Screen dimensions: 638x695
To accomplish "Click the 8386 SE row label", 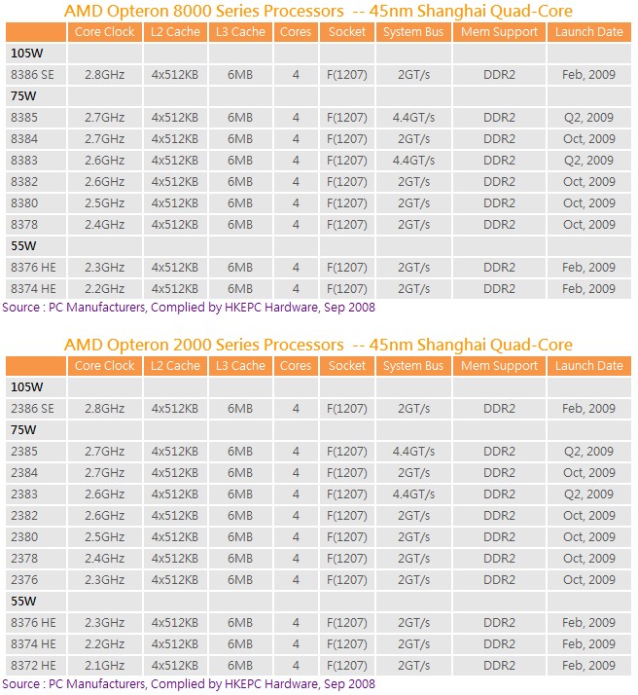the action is [x=32, y=74].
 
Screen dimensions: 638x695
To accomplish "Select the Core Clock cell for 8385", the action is [x=104, y=118].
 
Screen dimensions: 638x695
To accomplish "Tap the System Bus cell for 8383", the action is [x=413, y=161].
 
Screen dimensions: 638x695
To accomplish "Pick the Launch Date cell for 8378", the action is [x=588, y=225].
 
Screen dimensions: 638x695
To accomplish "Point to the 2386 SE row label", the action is [x=32, y=408].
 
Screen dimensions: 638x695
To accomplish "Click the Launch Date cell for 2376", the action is [x=588, y=580].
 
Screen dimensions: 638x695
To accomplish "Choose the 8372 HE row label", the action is [x=33, y=665].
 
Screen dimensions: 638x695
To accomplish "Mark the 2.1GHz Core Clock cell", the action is [x=104, y=665].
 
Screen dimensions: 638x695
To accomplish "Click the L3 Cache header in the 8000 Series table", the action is [x=240, y=32].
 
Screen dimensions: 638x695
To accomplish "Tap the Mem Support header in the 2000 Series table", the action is [x=499, y=366].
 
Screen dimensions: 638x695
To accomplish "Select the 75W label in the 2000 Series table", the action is [x=23, y=430].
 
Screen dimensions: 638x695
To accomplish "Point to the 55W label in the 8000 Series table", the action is [x=23, y=246].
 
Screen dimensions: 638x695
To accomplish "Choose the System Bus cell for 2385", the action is [x=413, y=452].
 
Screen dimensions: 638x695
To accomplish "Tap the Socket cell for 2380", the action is [x=347, y=537].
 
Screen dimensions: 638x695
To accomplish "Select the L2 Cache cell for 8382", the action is [x=175, y=182].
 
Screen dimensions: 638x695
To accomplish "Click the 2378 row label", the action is [x=24, y=559].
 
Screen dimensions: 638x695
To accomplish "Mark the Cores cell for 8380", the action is [x=296, y=203].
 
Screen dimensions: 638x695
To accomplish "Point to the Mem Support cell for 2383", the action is [x=499, y=494].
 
